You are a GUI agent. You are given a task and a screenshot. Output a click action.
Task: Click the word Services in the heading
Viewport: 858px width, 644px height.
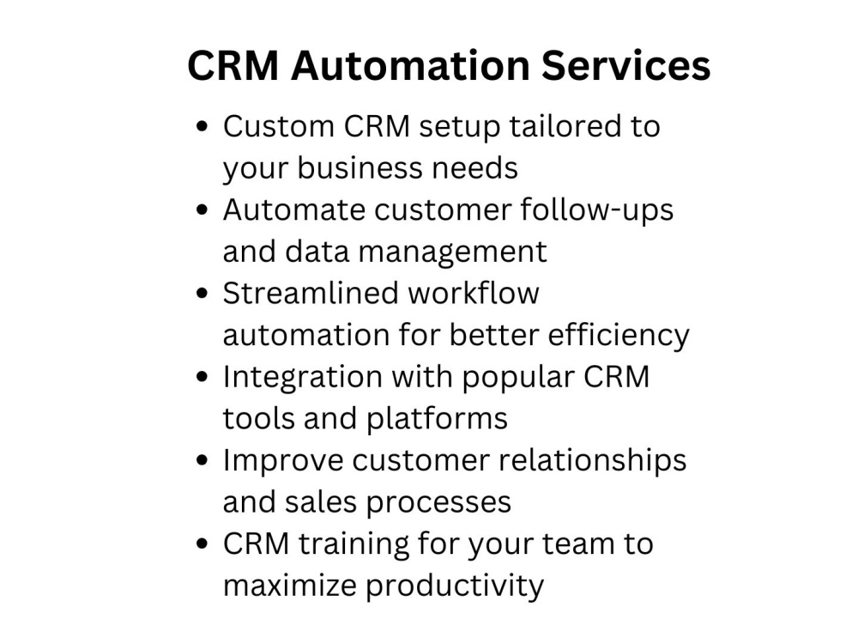tap(626, 65)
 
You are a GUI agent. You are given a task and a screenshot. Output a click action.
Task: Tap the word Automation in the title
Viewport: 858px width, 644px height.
tap(410, 65)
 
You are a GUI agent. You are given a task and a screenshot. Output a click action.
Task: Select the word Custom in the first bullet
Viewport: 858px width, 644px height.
tap(279, 126)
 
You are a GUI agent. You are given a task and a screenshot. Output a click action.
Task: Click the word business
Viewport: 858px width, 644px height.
tap(360, 167)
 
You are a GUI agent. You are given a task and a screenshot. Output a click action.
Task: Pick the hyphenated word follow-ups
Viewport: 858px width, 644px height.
tap(596, 211)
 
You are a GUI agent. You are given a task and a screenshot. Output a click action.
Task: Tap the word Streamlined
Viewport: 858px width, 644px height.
tap(311, 293)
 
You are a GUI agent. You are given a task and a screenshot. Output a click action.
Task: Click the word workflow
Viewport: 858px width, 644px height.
tap(474, 293)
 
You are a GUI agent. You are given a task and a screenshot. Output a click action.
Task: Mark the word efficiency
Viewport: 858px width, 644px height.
tap(619, 336)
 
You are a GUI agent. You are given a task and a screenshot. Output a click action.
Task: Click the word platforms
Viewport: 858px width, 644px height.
tap(437, 420)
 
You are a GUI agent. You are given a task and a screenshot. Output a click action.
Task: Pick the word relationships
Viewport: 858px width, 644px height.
tap(592, 460)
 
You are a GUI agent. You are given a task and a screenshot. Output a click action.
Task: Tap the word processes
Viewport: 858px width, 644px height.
tap(438, 503)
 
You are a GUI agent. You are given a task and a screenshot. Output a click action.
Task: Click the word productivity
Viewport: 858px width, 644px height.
tap(455, 586)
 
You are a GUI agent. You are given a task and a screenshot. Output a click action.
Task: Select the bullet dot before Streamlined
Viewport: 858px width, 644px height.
tap(202, 294)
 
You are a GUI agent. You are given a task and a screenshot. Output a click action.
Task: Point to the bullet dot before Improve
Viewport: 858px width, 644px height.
tap(202, 460)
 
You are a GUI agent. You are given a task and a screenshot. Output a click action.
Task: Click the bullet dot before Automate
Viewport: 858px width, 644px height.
tap(202, 210)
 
